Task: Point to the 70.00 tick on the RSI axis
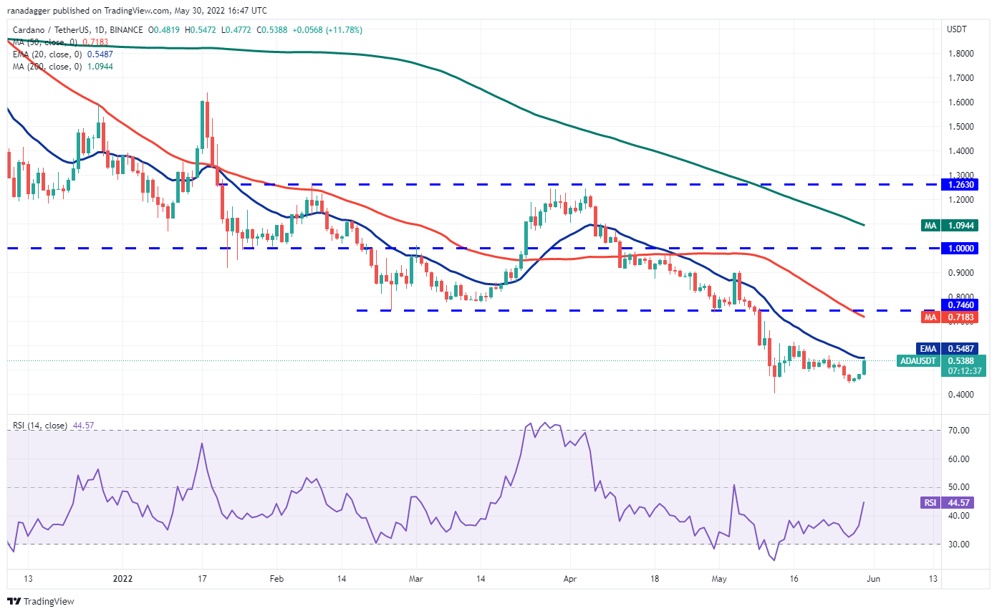960,431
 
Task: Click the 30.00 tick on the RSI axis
960,545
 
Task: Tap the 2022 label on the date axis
122,577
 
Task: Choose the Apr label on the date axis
570,577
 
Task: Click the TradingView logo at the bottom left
42,601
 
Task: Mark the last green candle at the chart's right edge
865,367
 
